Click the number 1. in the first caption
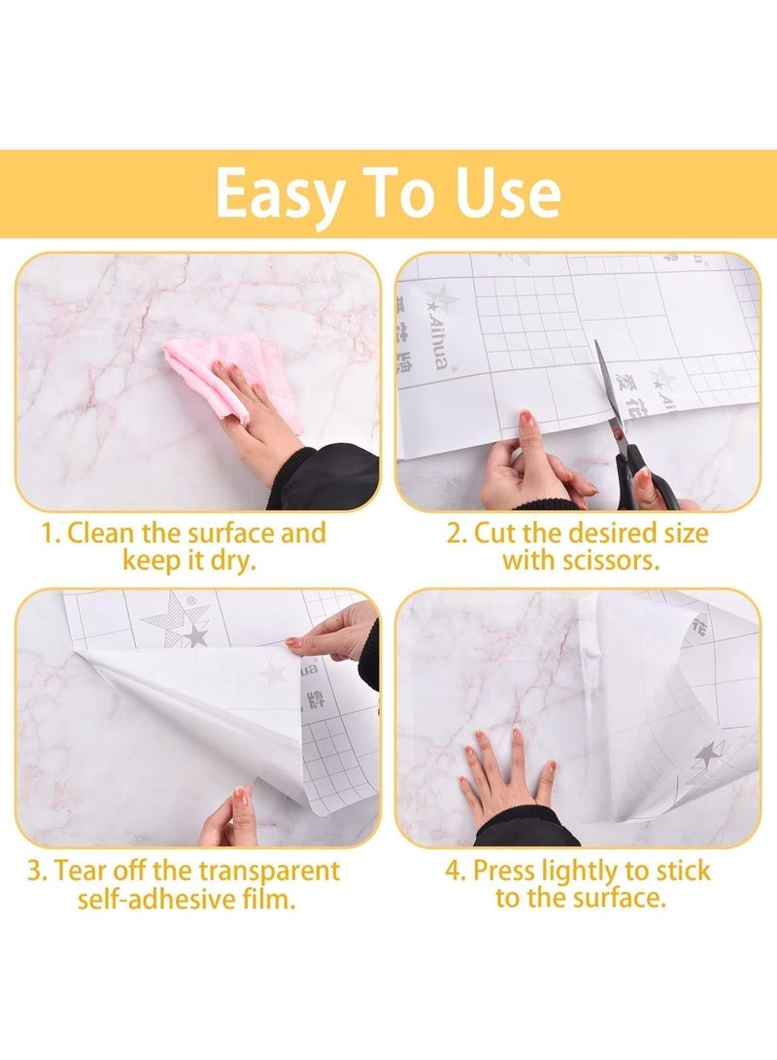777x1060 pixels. tap(51, 533)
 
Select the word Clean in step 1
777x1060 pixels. tap(100, 533)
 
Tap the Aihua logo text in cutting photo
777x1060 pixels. tap(432, 326)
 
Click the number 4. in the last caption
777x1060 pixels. tap(456, 870)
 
